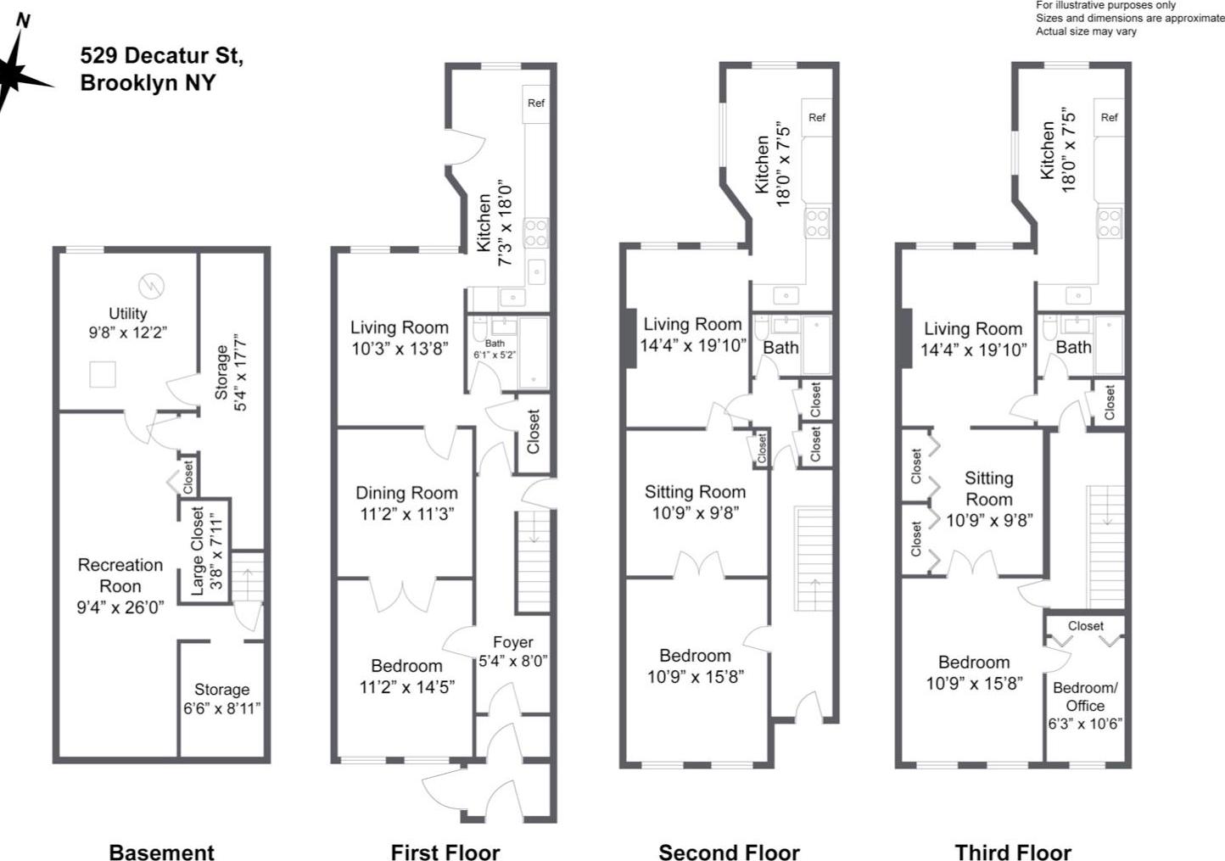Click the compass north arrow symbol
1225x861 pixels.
pyautogui.click(x=19, y=72)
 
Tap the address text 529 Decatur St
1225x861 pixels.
pyautogui.click(x=161, y=56)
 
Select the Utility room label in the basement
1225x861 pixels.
pyautogui.click(x=127, y=322)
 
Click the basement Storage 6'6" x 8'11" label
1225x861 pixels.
pyautogui.click(x=221, y=699)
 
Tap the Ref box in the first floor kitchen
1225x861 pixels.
pyautogui.click(x=536, y=103)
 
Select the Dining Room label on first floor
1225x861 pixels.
pyautogui.click(x=406, y=503)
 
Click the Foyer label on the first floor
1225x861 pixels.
pyautogui.click(x=512, y=651)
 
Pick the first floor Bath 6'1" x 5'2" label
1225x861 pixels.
pyautogui.click(x=495, y=349)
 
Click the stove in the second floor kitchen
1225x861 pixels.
pyautogui.click(x=816, y=223)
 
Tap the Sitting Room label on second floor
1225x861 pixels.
pyautogui.click(x=695, y=501)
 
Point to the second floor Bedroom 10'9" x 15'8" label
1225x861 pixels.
pyautogui.click(x=695, y=666)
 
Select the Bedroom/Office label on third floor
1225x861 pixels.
pyautogui.click(x=1085, y=705)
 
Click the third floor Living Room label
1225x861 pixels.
pyautogui.click(x=973, y=338)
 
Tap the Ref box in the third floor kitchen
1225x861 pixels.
pyautogui.click(x=1109, y=117)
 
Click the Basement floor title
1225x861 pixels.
pyautogui.click(x=161, y=852)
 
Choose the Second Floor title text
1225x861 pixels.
pyautogui.click(x=729, y=852)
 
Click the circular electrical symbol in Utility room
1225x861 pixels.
pyautogui.click(x=151, y=285)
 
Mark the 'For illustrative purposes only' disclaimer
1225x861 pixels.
pyautogui.click(x=1105, y=6)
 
